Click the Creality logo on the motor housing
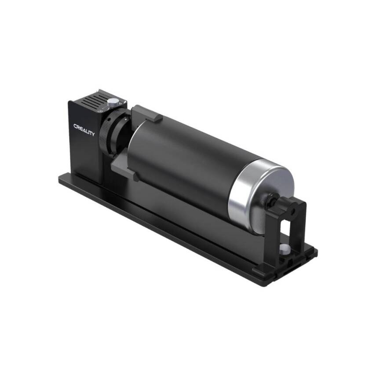coord(84,130)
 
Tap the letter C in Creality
coord(75,126)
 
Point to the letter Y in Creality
coord(92,133)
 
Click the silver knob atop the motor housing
coord(113,102)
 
